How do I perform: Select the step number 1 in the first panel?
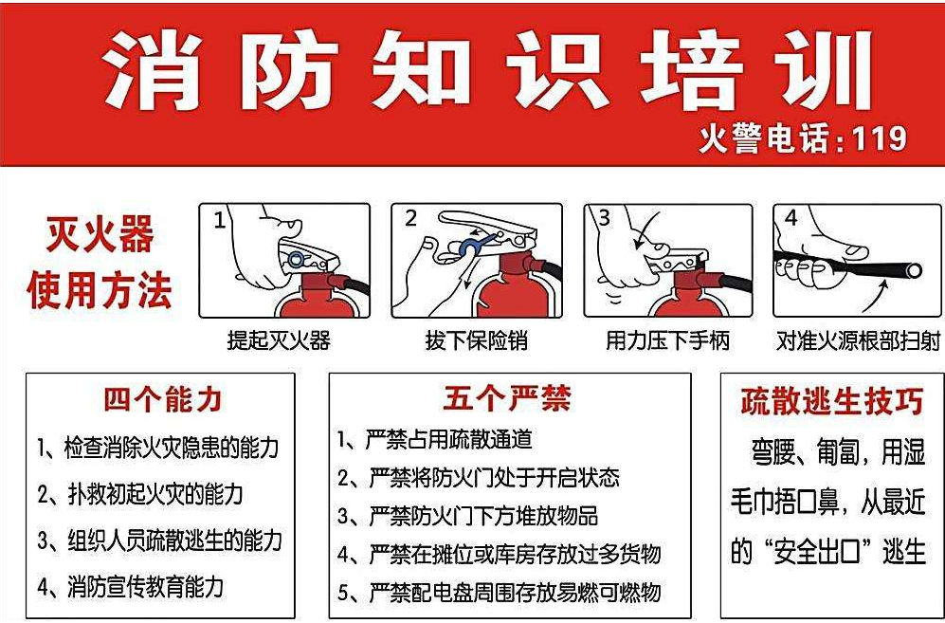220,221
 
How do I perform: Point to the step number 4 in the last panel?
791,219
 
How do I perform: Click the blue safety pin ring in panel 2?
468,248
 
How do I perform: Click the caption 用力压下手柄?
667,340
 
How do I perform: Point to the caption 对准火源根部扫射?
858,340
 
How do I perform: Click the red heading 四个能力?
162,399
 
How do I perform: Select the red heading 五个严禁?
507,398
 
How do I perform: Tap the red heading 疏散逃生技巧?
831,402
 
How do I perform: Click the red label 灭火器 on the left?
100,235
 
